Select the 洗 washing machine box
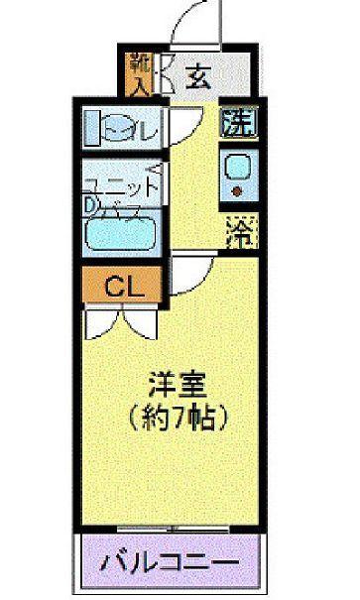tap(238, 126)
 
